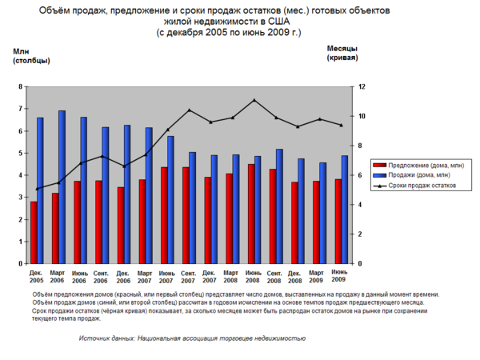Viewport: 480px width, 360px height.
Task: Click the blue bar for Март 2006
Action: coord(62,187)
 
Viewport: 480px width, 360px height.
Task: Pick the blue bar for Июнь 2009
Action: coord(345,210)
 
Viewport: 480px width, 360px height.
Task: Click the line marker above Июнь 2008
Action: coord(254,100)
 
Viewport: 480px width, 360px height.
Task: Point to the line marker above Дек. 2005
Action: coord(37,189)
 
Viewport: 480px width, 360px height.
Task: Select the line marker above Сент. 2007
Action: coord(190,110)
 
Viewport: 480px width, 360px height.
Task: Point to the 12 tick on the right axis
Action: coord(362,86)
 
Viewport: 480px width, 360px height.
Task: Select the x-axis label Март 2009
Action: coord(316,277)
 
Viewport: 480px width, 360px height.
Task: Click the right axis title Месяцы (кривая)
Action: coord(342,53)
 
